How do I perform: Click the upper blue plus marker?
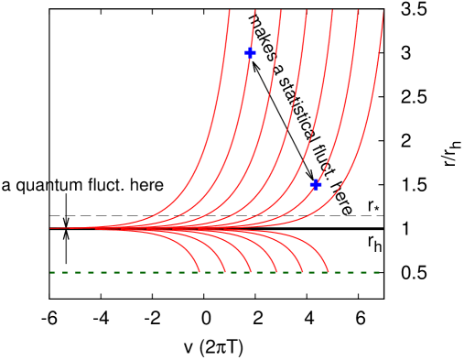pyautogui.click(x=250, y=52)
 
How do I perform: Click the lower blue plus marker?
pyautogui.click(x=315, y=184)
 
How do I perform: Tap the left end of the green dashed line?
pyautogui.click(x=50, y=272)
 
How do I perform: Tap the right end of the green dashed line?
pyautogui.click(x=379, y=272)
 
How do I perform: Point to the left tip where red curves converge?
pyautogui.click(x=51, y=228)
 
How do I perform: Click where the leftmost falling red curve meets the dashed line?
pyautogui.click(x=200, y=271)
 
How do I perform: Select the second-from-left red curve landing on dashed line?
pyautogui.click(x=225, y=271)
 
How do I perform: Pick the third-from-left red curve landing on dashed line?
pyautogui.click(x=251, y=271)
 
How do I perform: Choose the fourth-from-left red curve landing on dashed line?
pyautogui.click(x=276, y=271)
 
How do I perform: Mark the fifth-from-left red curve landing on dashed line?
pyautogui.click(x=302, y=271)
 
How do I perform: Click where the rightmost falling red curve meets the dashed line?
pyautogui.click(x=328, y=271)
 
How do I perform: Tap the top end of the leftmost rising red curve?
pyautogui.click(x=229, y=12)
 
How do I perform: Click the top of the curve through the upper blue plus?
pyautogui.click(x=254, y=12)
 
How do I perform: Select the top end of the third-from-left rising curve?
pyautogui.click(x=280, y=12)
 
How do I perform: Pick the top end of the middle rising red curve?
pyautogui.click(x=306, y=12)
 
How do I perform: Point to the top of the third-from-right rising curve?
pyautogui.click(x=331, y=12)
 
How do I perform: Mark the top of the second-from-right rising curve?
pyautogui.click(x=357, y=12)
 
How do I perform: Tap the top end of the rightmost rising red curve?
pyautogui.click(x=383, y=12)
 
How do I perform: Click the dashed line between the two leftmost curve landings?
pyautogui.click(x=212, y=272)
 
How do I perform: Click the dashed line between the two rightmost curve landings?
pyautogui.click(x=315, y=272)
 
